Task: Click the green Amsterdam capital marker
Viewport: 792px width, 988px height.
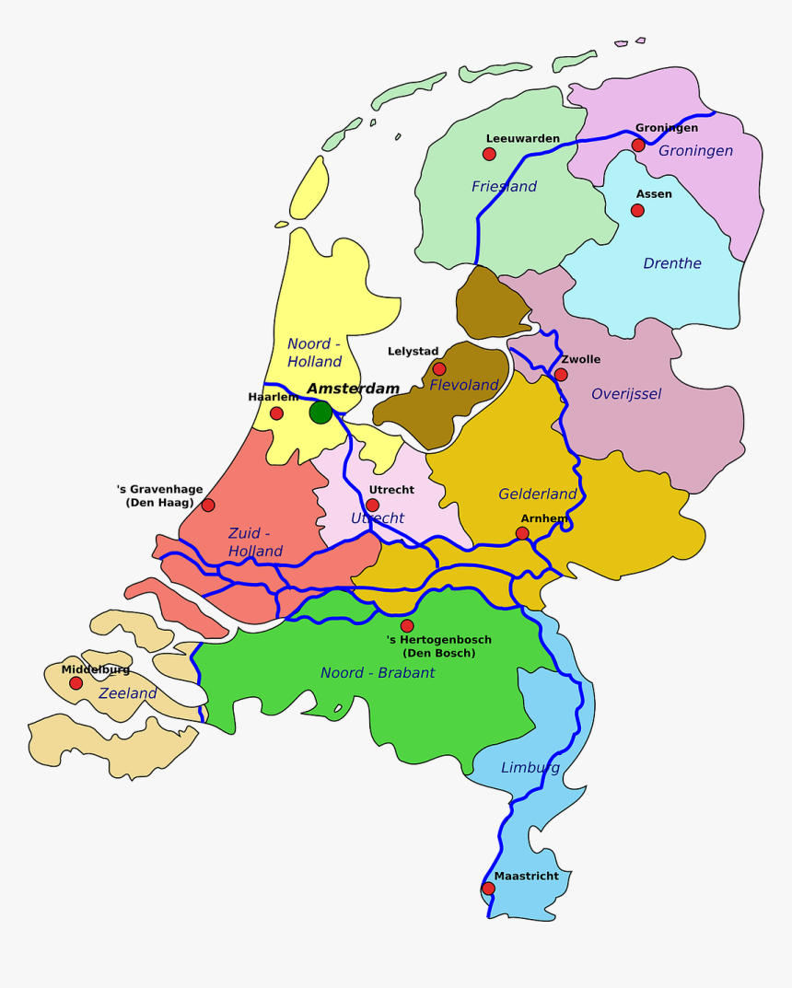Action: [320, 413]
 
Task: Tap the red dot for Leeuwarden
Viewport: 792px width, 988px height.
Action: [489, 154]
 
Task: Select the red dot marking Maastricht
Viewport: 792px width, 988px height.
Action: [488, 889]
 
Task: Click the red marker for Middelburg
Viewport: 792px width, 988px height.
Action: [76, 683]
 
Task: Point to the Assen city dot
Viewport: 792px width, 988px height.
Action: [637, 210]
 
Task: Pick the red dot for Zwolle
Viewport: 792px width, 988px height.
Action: [561, 375]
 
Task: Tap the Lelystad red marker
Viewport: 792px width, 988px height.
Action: [439, 369]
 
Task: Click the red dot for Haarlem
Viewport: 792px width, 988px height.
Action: [276, 413]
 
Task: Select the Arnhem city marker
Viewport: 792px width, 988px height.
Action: [522, 533]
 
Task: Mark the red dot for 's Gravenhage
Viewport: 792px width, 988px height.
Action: [208, 505]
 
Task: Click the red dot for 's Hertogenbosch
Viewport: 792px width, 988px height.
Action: [407, 626]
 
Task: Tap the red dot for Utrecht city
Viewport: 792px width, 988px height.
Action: [372, 505]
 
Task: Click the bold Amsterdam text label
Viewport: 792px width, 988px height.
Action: [353, 389]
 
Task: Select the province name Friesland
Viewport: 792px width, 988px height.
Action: [504, 187]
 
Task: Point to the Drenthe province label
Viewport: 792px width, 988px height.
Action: [671, 263]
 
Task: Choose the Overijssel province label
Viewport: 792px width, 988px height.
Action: [626, 394]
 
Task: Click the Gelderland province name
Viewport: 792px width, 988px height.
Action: [537, 494]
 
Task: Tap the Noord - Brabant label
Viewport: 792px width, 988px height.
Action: [378, 673]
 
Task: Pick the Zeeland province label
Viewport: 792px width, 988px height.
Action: [128, 693]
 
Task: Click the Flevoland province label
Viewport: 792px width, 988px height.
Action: [463, 385]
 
